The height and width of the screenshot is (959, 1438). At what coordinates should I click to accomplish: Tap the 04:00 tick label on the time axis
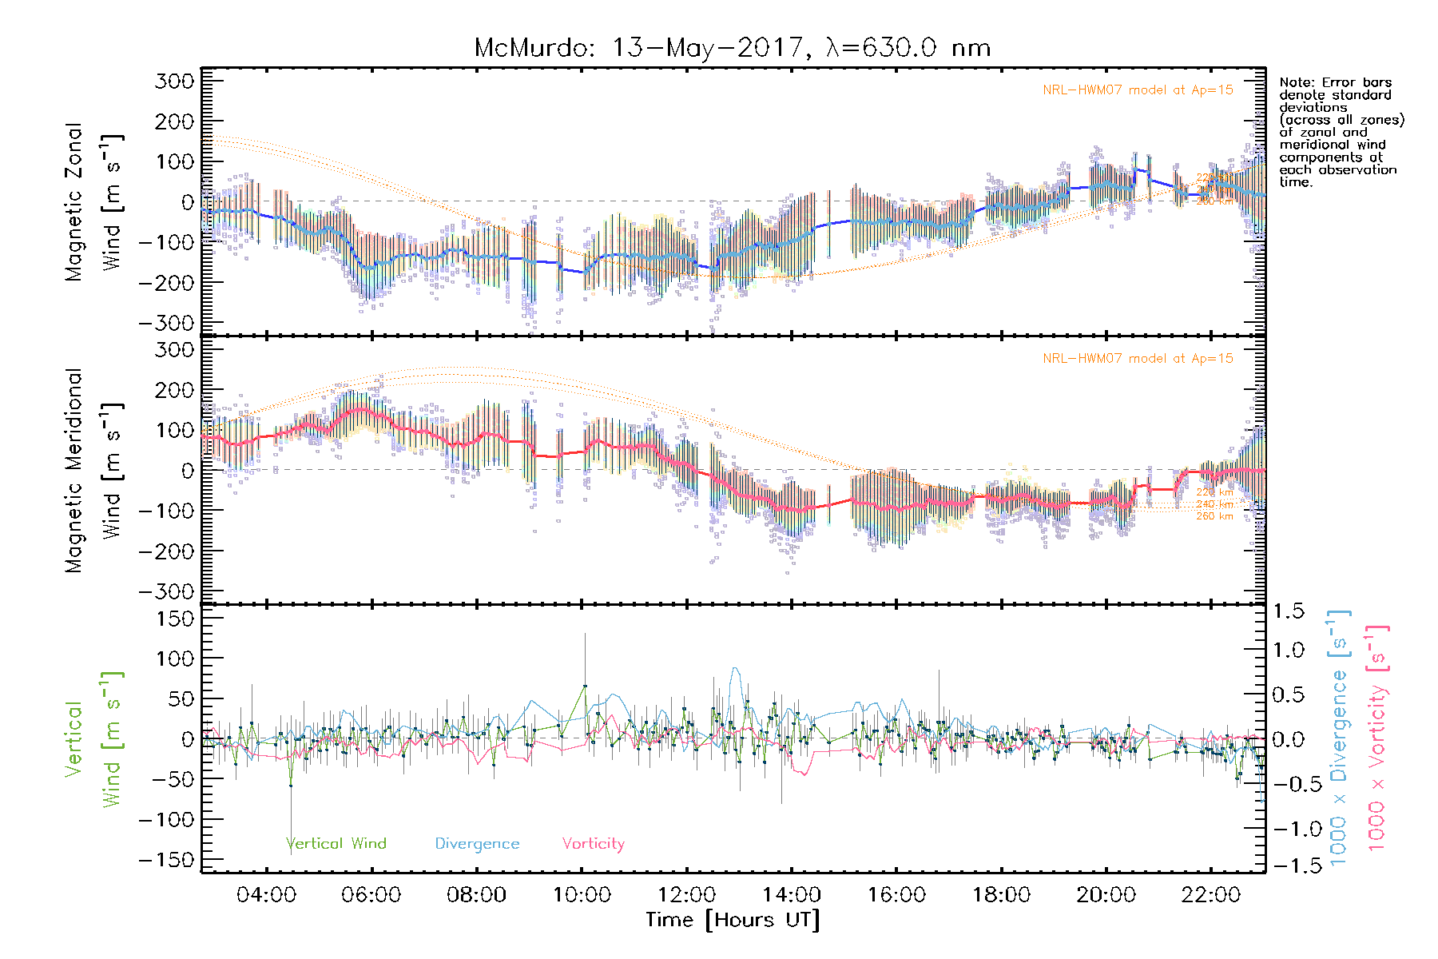coord(266,895)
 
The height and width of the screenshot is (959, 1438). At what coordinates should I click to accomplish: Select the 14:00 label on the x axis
coord(791,895)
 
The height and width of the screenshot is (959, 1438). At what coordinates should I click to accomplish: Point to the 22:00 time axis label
coord(1210,895)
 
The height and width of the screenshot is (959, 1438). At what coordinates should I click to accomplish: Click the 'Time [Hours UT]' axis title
coord(733,920)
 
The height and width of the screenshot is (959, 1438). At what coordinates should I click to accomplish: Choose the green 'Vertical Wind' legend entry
coord(336,843)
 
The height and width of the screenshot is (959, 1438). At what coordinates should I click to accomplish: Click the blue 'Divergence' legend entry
coord(477,843)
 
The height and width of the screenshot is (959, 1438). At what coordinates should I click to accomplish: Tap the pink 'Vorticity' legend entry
coord(593,843)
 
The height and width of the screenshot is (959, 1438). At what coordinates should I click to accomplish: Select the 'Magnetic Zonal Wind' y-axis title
coord(95,202)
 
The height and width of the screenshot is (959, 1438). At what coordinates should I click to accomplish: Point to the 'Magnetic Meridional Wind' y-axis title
coord(95,471)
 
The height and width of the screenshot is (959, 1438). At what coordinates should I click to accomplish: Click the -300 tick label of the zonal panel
coord(166,323)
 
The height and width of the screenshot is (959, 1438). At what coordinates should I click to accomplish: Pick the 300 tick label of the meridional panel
coord(174,350)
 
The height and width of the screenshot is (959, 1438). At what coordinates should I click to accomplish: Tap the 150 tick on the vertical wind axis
coord(174,619)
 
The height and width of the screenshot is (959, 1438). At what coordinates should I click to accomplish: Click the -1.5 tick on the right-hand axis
coord(1289,865)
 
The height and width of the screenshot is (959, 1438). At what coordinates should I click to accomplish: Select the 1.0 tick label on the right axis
coord(1289,650)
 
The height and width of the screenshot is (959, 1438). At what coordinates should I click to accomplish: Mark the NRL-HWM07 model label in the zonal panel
coord(1138,90)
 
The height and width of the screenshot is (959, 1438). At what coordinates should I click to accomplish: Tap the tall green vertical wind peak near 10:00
coord(584,686)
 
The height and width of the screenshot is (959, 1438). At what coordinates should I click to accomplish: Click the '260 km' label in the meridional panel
coord(1214,516)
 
